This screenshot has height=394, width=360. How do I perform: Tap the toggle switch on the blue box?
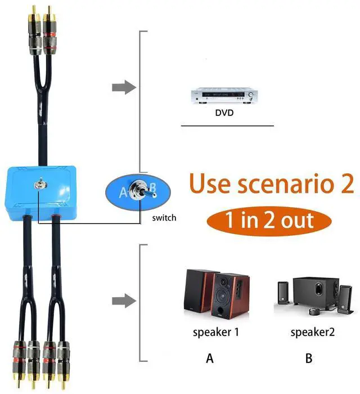(40, 184)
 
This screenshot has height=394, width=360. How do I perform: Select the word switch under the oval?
(164, 217)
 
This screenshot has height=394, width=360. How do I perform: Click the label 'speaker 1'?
(216, 332)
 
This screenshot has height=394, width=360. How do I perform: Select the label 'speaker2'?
(313, 332)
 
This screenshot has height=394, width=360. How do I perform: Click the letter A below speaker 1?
(210, 358)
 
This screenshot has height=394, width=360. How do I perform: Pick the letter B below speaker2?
(308, 358)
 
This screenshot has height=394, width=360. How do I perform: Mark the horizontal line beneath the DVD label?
(227, 126)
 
